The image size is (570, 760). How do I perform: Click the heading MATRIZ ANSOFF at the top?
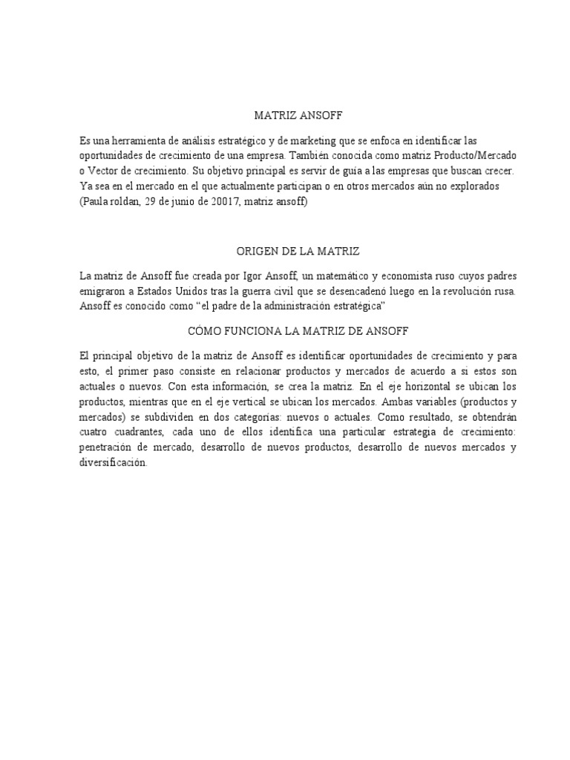click(286, 117)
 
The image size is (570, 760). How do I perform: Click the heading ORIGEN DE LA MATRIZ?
click(285, 252)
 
